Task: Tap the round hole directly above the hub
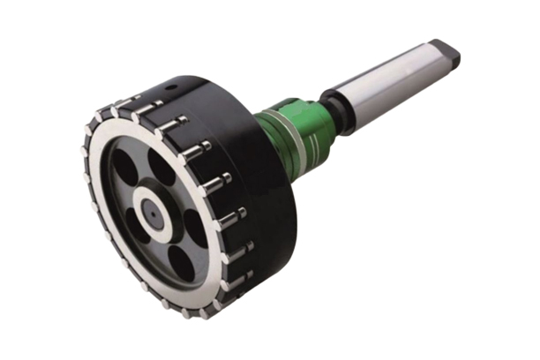coord(161,165)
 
